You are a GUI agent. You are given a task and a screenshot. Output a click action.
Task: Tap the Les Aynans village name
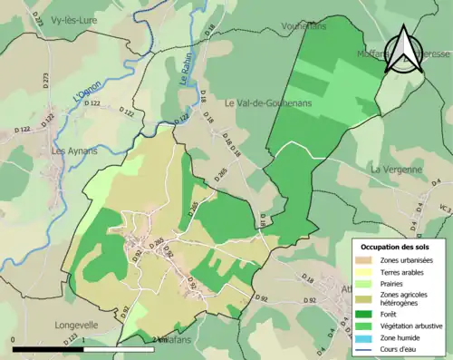pyautogui.click(x=75, y=151)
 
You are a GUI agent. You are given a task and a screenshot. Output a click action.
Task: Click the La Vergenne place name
pyautogui.click(x=396, y=170)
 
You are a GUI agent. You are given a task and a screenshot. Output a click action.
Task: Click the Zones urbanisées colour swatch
pyautogui.click(x=368, y=261)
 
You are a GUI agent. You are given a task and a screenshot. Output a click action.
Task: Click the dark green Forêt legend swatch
pyautogui.click(x=368, y=310)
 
